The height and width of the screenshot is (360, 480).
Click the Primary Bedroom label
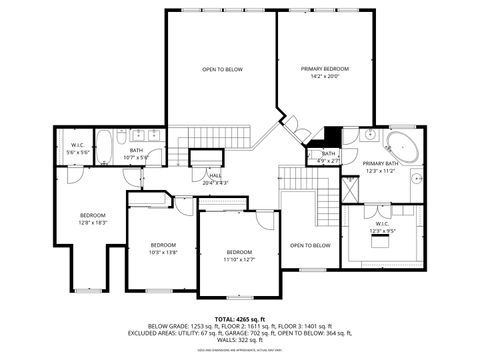pos(326,69)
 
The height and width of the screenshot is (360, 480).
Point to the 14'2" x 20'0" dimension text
pos(326,76)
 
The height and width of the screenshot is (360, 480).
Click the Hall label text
pos(216,176)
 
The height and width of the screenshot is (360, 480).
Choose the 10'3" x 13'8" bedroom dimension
pos(163,251)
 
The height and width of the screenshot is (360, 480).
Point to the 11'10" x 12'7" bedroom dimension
pos(239,258)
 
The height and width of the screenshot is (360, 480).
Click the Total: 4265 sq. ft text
pos(239,318)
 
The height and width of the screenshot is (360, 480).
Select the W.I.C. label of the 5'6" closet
pos(77,145)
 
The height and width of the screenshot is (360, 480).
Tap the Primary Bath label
pos(380,163)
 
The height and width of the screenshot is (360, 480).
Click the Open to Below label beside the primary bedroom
pos(222,69)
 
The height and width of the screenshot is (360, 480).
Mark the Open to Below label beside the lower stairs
pos(310,245)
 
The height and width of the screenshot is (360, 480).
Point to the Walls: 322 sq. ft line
pos(239,339)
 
